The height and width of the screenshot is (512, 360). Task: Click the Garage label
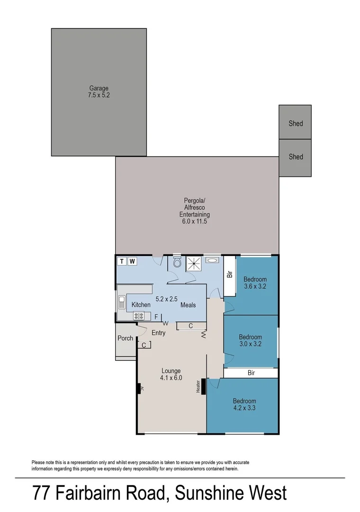(x=99, y=88)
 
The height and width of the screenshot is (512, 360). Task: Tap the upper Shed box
(x=295, y=123)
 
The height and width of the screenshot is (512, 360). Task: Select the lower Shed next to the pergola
(x=295, y=156)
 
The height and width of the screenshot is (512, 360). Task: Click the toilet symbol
(x=178, y=263)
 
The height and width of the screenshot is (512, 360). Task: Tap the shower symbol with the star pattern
(x=193, y=263)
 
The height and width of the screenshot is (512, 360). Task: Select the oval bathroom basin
(x=213, y=260)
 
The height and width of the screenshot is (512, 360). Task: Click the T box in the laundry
(x=122, y=261)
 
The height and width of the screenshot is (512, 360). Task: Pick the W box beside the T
(x=133, y=261)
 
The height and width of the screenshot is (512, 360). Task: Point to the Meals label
(x=188, y=305)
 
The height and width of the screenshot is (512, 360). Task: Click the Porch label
(x=126, y=338)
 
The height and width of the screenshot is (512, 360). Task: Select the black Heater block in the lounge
(x=203, y=385)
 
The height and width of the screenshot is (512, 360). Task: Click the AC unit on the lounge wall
(x=139, y=389)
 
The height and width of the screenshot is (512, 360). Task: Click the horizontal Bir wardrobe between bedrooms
(x=251, y=373)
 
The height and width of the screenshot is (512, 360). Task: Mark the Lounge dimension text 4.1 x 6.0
(x=171, y=378)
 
